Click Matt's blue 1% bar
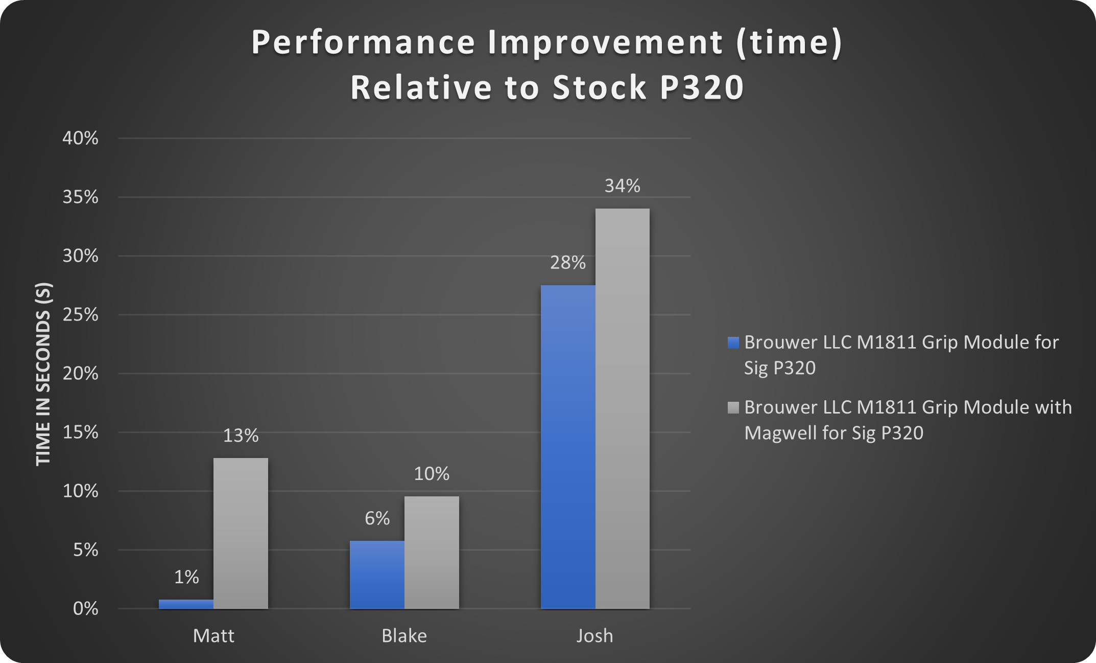point(186,604)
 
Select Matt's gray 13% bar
point(241,533)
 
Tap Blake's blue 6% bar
point(377,575)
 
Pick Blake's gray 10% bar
point(432,552)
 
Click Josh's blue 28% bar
point(568,447)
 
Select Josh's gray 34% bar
point(622,408)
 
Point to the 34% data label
point(622,186)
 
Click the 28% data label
point(567,263)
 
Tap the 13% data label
point(241,436)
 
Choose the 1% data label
point(186,577)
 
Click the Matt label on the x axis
point(213,636)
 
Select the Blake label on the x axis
point(404,636)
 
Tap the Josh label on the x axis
point(594,636)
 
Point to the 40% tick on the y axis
point(80,138)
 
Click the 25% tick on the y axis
point(80,314)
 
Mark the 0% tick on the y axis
point(85,609)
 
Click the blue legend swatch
point(733,342)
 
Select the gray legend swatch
point(733,407)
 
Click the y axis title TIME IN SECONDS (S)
point(44,374)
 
